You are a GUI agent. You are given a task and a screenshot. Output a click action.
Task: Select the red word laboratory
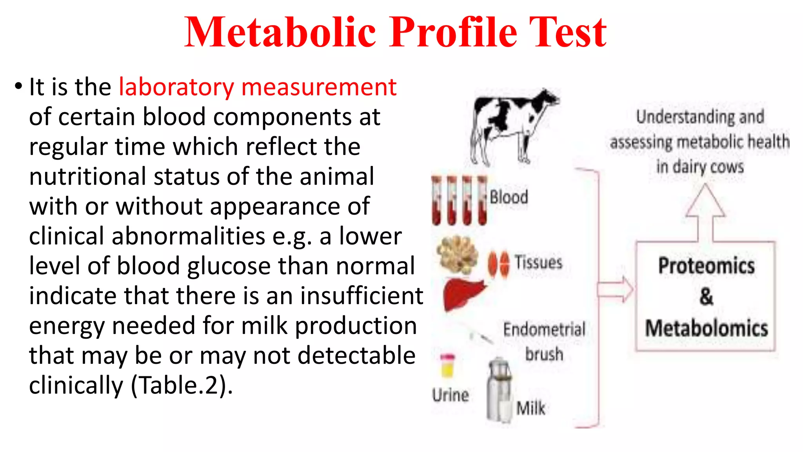176,87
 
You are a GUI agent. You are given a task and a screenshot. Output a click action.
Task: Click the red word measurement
319,87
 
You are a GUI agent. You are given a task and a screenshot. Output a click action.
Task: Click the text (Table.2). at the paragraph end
182,386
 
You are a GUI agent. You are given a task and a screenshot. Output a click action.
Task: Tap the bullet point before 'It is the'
18,86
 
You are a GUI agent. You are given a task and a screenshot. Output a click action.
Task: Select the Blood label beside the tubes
509,197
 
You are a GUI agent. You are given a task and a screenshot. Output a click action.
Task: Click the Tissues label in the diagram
538,262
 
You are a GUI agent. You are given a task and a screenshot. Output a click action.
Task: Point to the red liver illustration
463,294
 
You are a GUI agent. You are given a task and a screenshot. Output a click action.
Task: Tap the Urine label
451,395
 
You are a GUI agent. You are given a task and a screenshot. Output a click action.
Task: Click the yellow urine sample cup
447,366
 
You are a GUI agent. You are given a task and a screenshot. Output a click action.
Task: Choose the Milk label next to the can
530,408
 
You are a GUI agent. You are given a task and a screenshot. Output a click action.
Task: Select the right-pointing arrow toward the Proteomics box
615,290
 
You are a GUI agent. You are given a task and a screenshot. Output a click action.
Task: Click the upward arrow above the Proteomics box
705,212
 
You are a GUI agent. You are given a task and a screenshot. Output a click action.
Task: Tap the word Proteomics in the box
706,266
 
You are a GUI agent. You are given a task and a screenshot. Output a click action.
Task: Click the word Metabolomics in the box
706,328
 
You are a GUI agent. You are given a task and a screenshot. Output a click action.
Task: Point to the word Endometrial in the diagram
544,330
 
